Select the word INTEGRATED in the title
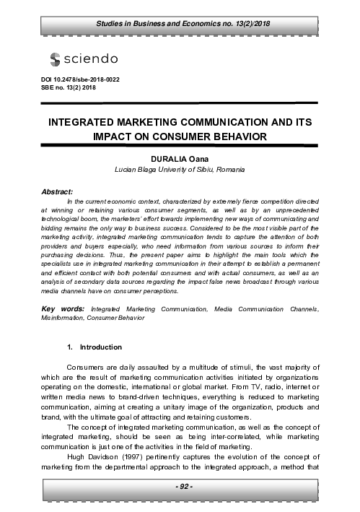(87, 123)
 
